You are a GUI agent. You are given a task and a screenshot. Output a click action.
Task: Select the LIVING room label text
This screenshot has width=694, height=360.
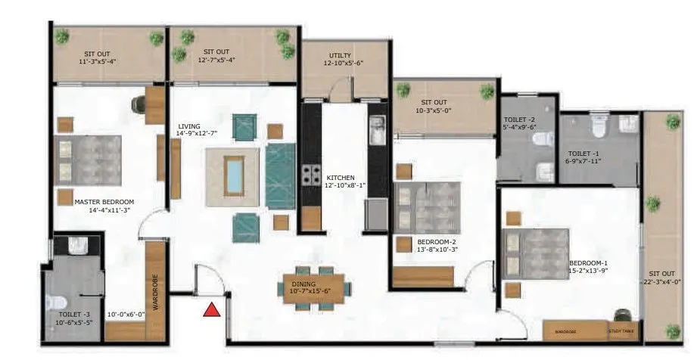click(189, 127)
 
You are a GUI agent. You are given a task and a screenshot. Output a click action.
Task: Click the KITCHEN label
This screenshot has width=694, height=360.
click(340, 178)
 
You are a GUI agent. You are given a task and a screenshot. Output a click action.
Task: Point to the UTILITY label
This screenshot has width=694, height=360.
click(340, 56)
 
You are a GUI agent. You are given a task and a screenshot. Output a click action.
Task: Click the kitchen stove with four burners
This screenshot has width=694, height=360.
click(311, 175)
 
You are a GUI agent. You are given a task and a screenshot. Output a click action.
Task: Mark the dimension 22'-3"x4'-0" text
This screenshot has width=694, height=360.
click(663, 282)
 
